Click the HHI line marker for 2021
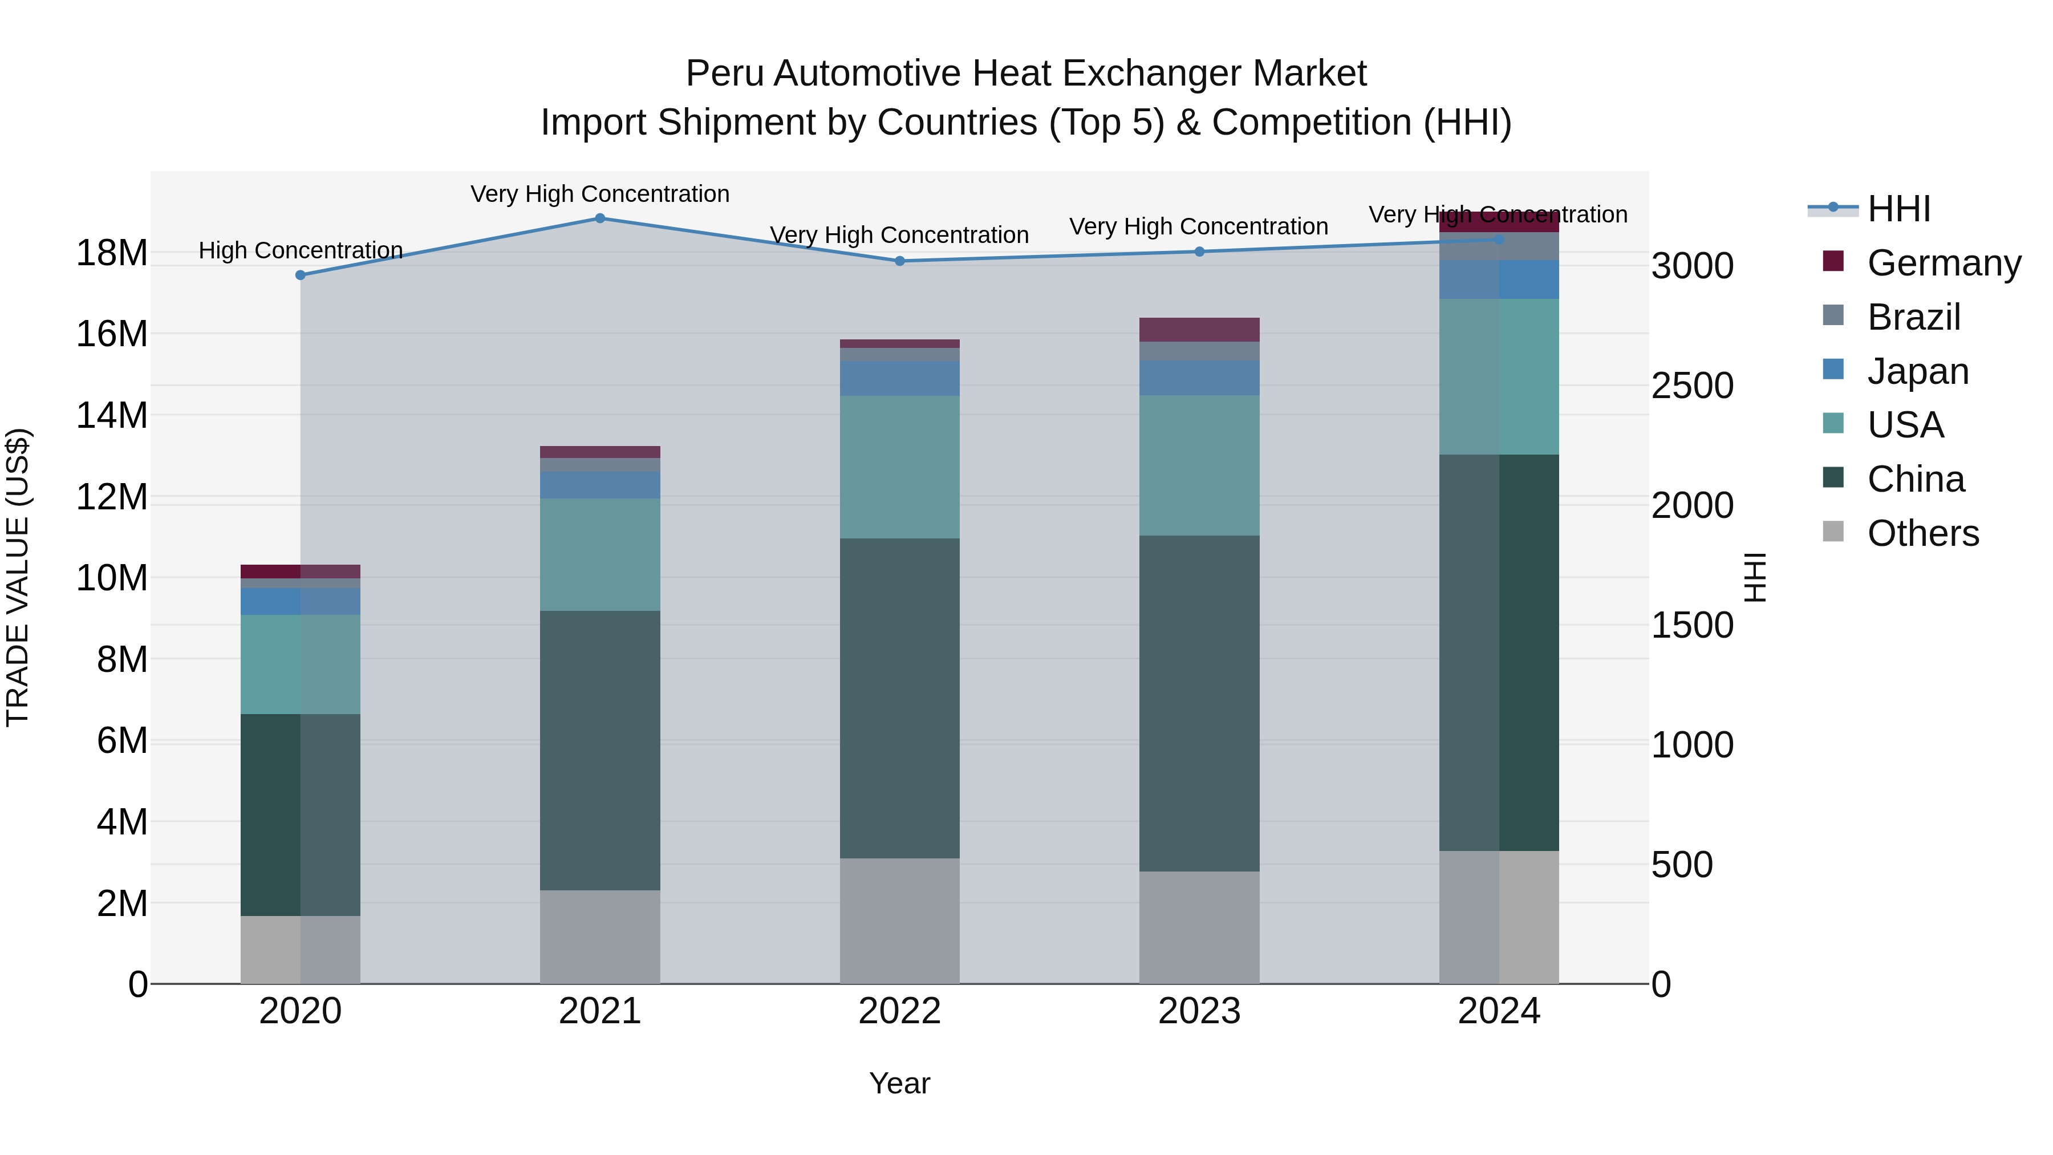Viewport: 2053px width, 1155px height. pyautogui.click(x=600, y=218)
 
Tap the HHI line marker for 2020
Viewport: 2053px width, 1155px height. pyautogui.click(x=301, y=275)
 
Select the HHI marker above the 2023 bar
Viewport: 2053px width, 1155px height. pyautogui.click(x=1199, y=252)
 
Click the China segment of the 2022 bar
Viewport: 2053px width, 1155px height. pyautogui.click(x=900, y=698)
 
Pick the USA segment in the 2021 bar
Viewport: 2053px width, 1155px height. pyautogui.click(x=600, y=555)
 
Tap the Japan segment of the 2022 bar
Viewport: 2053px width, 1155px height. pyautogui.click(x=900, y=379)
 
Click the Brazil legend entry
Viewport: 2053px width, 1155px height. pyautogui.click(x=1913, y=317)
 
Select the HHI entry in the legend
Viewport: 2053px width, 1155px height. pyautogui.click(x=1898, y=209)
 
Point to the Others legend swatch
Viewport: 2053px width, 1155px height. pyautogui.click(x=1833, y=532)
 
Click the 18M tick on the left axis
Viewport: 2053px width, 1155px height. pyautogui.click(x=112, y=253)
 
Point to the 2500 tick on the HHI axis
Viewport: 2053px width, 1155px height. pyautogui.click(x=1692, y=386)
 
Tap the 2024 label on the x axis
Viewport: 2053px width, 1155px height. pyautogui.click(x=1498, y=1011)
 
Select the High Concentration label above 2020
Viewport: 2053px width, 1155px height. pyautogui.click(x=301, y=250)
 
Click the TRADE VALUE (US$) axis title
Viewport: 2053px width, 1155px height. pyautogui.click(x=18, y=577)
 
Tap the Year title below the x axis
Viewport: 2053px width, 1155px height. pyautogui.click(x=900, y=1083)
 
